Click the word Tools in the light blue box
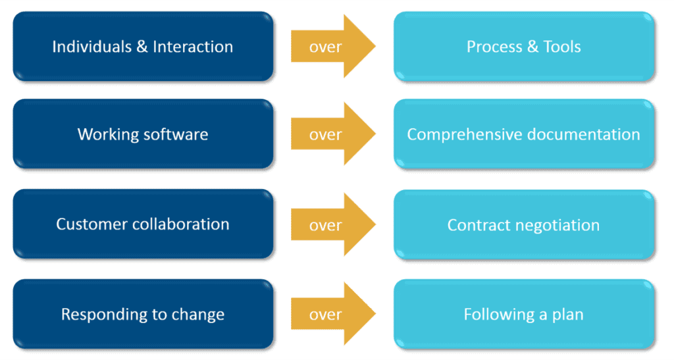tap(561, 47)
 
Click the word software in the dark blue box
tap(172, 135)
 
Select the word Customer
tap(87, 224)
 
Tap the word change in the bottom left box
tap(199, 315)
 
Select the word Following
tap(494, 315)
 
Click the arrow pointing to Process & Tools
tap(332, 47)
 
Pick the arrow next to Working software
tap(332, 135)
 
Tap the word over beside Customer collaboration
tap(325, 225)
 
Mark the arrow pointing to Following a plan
tap(332, 315)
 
